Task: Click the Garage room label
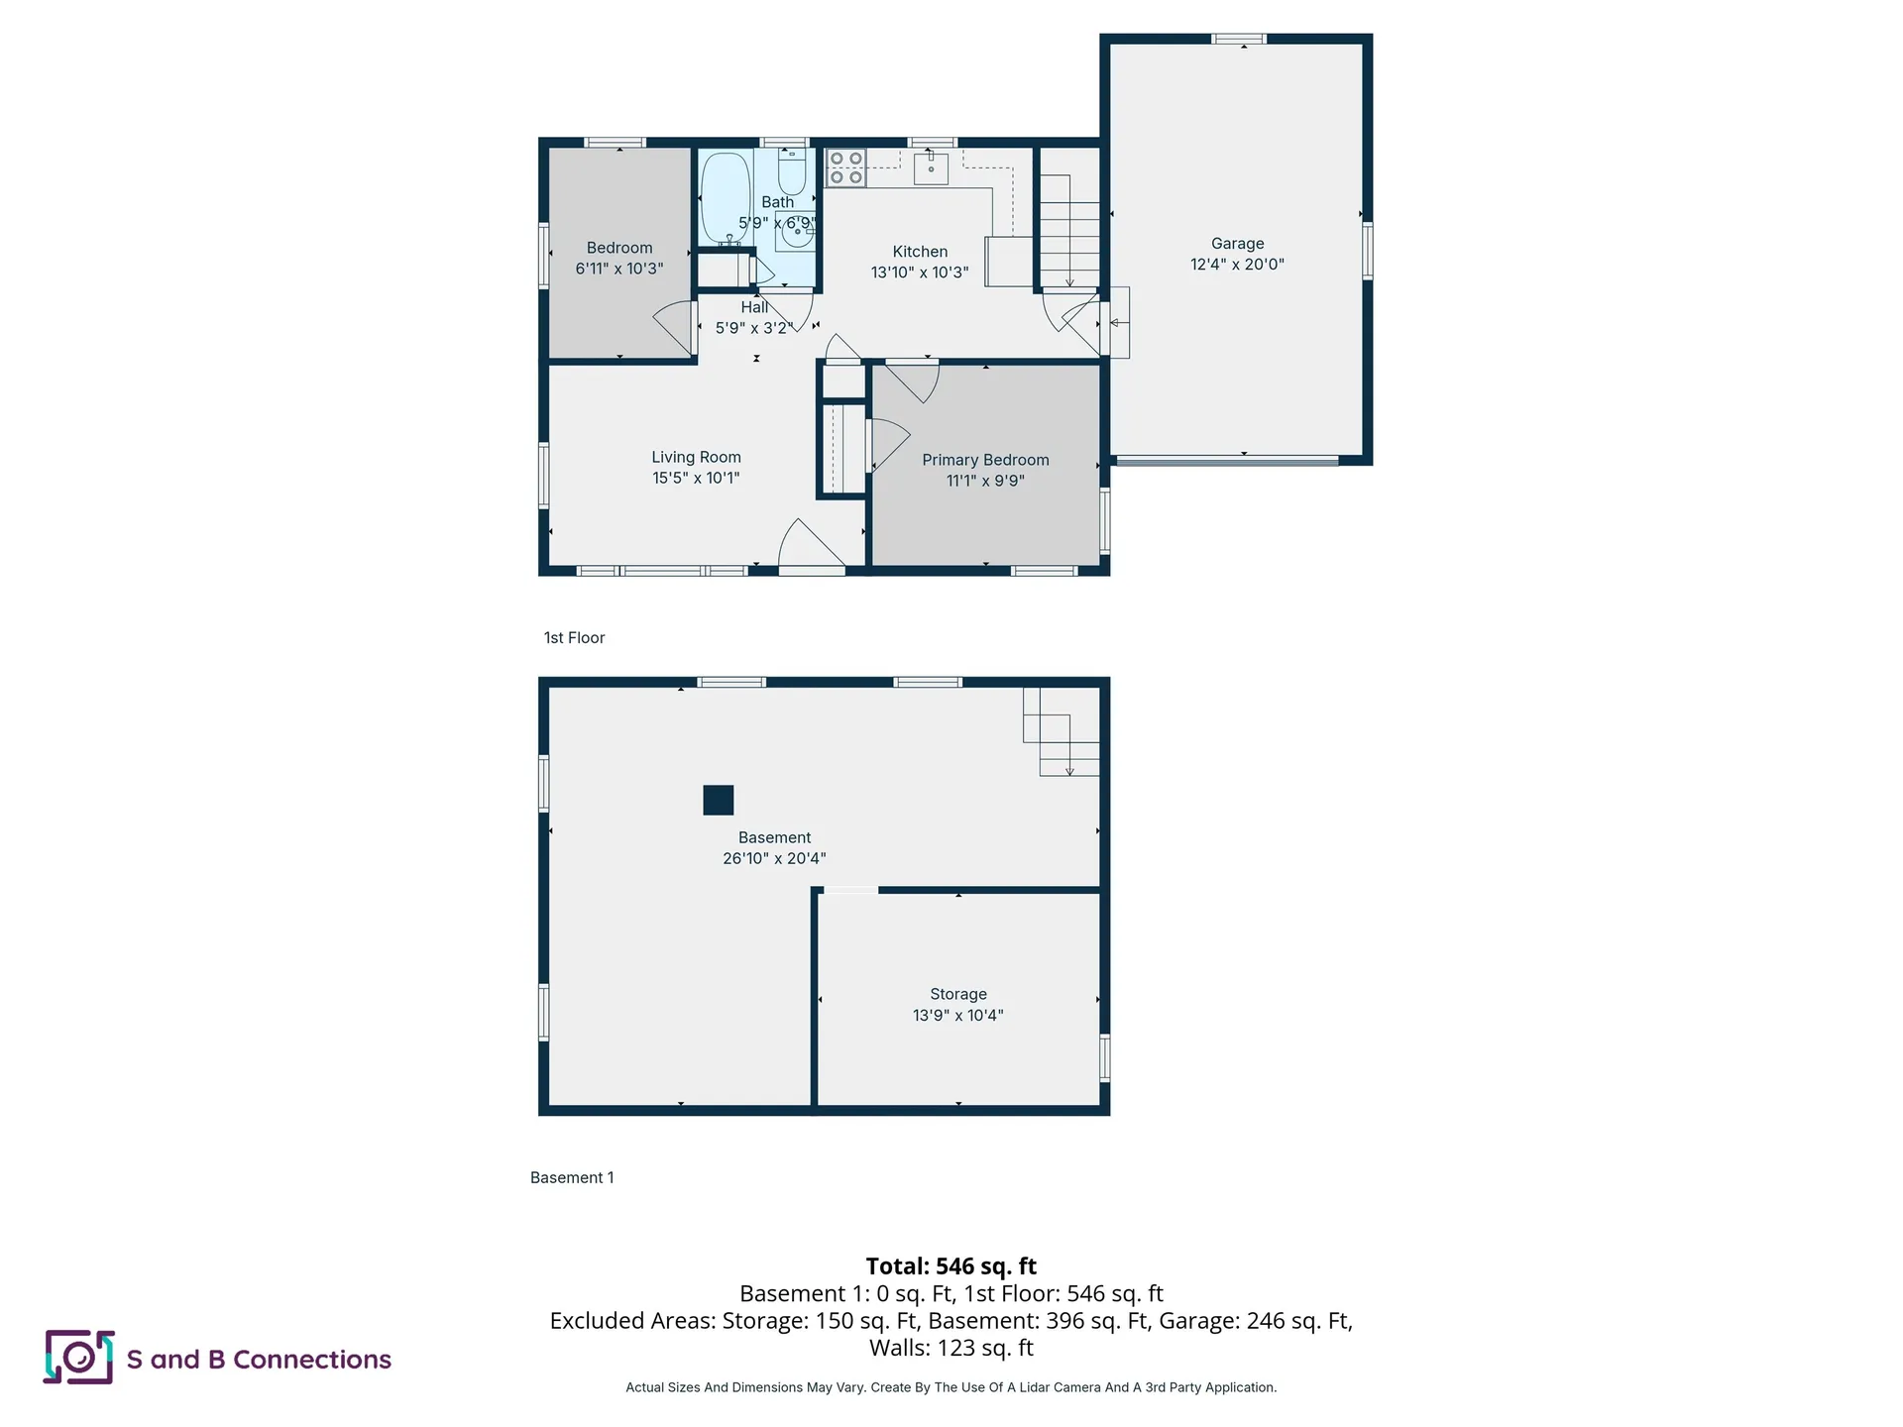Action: point(1237,244)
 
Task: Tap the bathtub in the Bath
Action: point(726,198)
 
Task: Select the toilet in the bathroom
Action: point(792,172)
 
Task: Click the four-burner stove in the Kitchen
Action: point(845,167)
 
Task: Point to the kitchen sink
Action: point(931,168)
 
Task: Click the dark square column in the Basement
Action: point(718,800)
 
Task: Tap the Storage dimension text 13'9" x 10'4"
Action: point(957,1015)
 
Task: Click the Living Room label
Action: point(696,457)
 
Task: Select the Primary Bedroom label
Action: point(985,460)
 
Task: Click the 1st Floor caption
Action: point(574,638)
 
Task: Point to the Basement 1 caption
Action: point(572,1177)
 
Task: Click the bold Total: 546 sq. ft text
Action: point(951,1265)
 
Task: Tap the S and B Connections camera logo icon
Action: point(78,1357)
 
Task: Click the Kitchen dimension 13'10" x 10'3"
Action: point(920,273)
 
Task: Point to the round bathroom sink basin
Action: point(796,235)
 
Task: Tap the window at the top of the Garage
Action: point(1239,40)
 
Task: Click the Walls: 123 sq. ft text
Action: point(951,1348)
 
